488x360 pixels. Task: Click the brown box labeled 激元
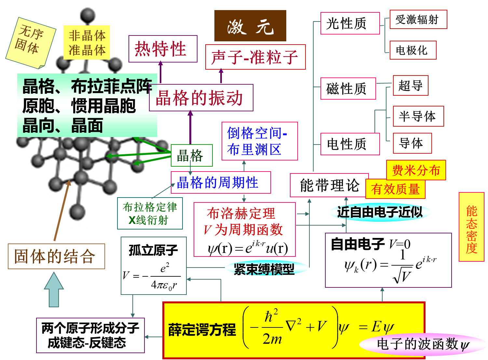250,26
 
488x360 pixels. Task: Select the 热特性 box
163,49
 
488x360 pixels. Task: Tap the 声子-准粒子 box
255,57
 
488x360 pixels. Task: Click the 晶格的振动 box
201,98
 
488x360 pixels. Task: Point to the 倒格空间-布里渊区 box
260,141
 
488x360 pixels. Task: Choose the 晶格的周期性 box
221,183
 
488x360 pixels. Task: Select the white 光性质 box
350,23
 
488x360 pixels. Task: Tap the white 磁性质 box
348,89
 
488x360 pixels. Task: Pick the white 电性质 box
350,144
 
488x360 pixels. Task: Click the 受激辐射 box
418,20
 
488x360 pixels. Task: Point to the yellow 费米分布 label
416,170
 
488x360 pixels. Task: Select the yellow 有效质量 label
395,189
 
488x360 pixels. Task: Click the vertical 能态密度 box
471,227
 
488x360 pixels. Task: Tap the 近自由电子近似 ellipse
380,212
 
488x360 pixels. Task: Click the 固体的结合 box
56,256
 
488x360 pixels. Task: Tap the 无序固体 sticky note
30,42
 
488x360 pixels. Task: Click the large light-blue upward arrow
54,290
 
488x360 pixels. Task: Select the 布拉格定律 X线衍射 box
150,214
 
